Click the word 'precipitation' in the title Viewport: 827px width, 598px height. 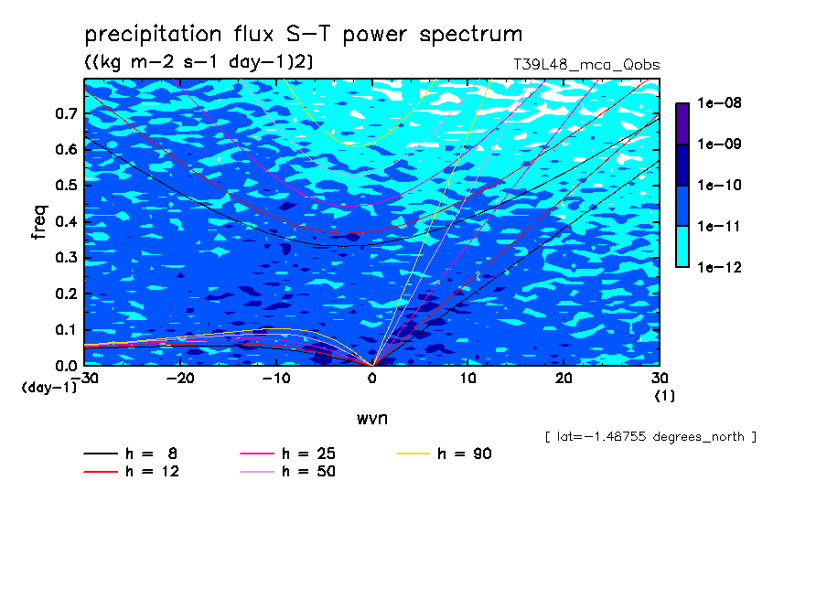coord(153,34)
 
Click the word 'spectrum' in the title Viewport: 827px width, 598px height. coord(470,36)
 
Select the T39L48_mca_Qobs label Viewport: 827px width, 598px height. coord(586,65)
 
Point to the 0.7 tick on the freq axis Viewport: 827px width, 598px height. coord(66,113)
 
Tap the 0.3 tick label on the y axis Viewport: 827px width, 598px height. coord(66,257)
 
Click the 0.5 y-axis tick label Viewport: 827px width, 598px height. coord(66,186)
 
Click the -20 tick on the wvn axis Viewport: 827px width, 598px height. coord(180,379)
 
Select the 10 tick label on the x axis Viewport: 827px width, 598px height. coord(467,379)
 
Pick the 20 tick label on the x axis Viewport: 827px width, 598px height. coord(564,379)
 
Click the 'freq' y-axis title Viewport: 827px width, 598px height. coord(39,222)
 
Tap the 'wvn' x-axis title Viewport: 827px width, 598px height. coord(372,419)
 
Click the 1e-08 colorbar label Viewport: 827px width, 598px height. coord(719,102)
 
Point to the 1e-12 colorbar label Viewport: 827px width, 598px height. coord(719,267)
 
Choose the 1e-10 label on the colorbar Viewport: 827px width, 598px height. coord(719,185)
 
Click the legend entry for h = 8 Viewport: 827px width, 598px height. coord(130,454)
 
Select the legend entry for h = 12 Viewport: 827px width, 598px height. coord(132,472)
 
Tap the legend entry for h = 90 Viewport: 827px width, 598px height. coord(444,454)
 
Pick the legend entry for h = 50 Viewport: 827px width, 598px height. coord(288,472)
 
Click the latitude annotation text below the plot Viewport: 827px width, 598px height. coord(650,437)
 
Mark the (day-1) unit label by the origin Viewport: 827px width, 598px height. coord(49,388)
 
